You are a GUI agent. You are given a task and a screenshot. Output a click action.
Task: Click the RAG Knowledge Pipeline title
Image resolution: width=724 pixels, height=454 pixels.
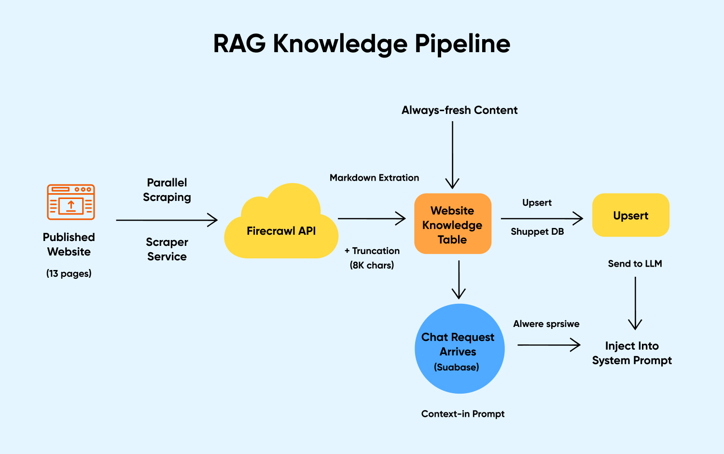[x=362, y=43]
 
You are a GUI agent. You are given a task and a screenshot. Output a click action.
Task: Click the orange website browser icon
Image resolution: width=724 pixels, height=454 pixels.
[x=70, y=202]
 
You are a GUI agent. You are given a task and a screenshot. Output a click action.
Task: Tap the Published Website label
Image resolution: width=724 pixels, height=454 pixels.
[x=69, y=244]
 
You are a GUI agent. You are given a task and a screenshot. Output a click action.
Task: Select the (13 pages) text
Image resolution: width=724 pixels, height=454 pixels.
[x=69, y=273]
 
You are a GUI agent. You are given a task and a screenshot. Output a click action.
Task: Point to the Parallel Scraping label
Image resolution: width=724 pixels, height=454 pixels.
[x=167, y=190]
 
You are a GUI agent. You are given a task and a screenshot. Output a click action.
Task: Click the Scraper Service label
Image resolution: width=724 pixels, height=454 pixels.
[x=167, y=249]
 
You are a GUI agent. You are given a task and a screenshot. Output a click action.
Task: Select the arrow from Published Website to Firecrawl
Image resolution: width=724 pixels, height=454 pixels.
[x=167, y=220]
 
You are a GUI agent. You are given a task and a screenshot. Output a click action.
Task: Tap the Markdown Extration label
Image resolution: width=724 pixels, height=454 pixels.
[x=374, y=178]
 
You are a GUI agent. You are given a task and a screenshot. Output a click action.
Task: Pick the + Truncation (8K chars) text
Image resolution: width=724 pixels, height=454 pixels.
[x=372, y=258]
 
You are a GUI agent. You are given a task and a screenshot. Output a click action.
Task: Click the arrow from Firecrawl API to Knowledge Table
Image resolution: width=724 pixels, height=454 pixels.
[x=372, y=218]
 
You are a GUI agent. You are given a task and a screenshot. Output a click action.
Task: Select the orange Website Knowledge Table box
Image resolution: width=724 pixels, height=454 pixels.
[x=453, y=224]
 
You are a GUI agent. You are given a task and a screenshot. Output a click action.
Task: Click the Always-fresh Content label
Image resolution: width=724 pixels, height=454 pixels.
[x=459, y=110]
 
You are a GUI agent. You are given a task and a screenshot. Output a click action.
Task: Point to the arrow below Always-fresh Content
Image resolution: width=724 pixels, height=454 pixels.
[x=452, y=155]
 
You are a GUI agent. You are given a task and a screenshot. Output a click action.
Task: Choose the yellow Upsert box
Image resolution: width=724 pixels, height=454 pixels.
[x=630, y=215]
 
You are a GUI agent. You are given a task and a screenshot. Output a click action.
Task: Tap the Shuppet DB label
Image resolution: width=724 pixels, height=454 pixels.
[x=537, y=232]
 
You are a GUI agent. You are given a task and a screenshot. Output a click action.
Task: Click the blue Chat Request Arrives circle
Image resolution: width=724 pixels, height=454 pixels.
[x=459, y=349]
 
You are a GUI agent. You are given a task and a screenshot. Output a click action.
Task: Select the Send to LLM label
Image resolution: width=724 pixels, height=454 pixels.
[x=635, y=264]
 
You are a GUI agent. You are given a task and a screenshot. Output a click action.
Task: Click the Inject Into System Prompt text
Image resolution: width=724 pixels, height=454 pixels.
[x=632, y=353]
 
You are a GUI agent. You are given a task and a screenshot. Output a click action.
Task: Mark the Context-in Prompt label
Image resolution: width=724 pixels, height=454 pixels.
[x=463, y=414]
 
